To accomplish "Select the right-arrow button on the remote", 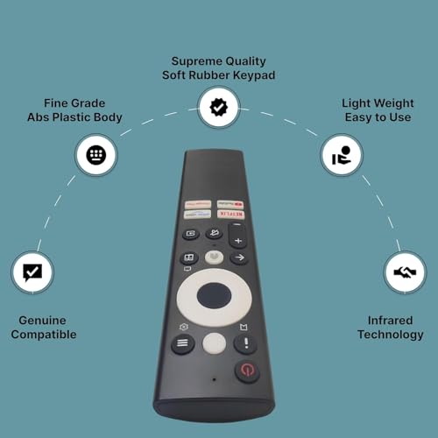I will tap(238, 258).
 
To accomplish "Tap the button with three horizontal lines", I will tap(183, 344).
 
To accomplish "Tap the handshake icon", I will tap(404, 273).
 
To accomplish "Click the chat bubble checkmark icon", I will tap(33, 272).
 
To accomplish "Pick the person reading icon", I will tap(339, 155).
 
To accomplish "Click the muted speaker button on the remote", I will tap(215, 234).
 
